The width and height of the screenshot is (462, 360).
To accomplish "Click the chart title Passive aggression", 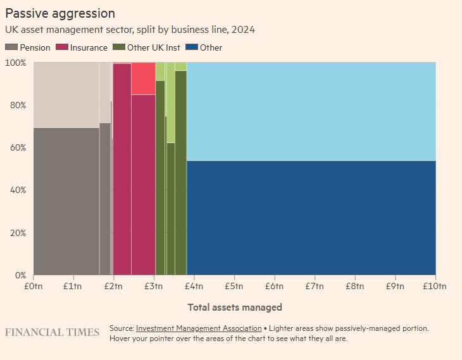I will [x=60, y=13].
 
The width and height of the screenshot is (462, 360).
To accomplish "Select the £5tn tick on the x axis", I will [x=234, y=286].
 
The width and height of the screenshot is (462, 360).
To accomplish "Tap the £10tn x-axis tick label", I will [x=435, y=286].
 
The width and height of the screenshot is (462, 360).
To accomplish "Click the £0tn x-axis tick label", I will [x=33, y=286].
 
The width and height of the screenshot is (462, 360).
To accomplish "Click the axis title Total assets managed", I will [x=234, y=307].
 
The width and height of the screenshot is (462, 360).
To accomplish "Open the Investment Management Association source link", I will [x=199, y=328].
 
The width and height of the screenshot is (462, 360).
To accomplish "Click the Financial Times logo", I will [x=52, y=332].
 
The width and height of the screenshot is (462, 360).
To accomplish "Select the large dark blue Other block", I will [x=311, y=218].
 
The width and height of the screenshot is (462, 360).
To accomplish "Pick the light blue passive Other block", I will [x=311, y=111].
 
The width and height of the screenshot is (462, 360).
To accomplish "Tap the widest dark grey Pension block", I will [x=66, y=201].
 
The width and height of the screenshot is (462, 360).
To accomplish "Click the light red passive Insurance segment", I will [x=143, y=78].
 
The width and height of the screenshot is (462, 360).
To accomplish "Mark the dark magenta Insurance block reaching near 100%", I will [x=122, y=170].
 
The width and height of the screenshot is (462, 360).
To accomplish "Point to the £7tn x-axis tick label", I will [x=315, y=286].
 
